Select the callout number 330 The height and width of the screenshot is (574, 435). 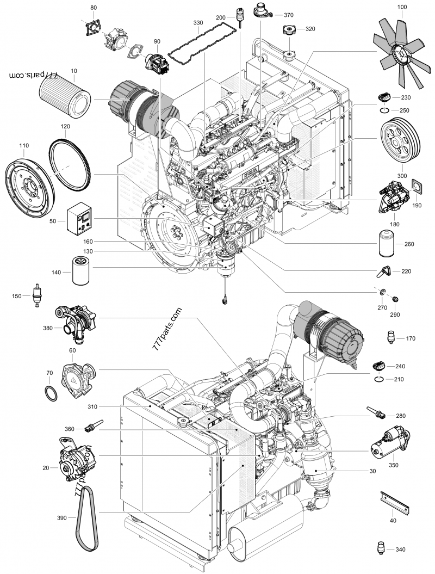click(198, 23)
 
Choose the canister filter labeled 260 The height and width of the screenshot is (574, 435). click(384, 244)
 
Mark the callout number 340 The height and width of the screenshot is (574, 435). click(400, 550)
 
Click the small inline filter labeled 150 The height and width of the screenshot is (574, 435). click(37, 295)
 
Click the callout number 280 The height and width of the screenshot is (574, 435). click(400, 416)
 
